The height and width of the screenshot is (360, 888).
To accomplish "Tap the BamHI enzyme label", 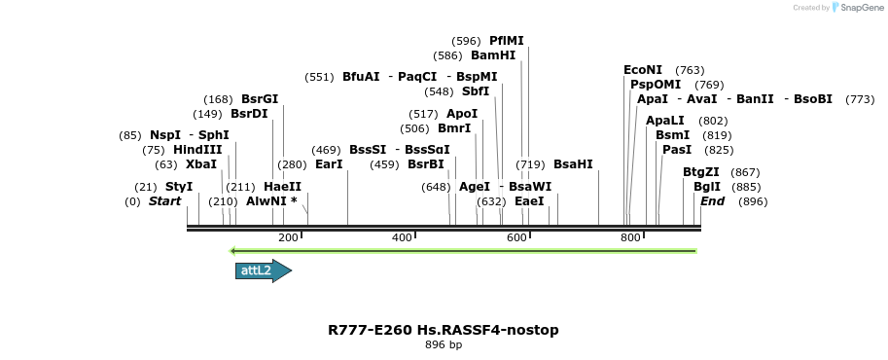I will [x=493, y=55].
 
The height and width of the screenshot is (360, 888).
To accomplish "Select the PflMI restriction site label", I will [x=507, y=41].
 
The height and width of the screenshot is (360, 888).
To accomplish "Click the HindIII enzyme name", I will [x=197, y=150].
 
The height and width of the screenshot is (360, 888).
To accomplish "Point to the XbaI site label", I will [x=201, y=164].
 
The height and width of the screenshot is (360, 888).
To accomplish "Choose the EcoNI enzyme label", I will [x=643, y=70].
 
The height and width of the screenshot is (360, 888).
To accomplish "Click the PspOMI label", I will [x=656, y=85].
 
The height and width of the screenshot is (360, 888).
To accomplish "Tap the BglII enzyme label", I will [x=707, y=187].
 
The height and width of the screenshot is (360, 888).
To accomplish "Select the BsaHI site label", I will [x=573, y=164].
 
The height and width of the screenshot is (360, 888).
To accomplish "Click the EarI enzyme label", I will [x=329, y=164].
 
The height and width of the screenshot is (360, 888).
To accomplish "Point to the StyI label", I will [x=179, y=187].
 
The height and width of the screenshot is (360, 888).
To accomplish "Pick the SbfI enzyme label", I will [x=476, y=91].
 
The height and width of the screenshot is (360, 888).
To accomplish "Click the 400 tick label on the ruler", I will [x=402, y=238].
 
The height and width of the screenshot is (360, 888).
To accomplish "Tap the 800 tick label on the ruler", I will [x=630, y=238].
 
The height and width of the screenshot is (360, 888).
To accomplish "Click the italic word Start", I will [x=164, y=201].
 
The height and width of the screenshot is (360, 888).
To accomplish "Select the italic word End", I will [x=713, y=201].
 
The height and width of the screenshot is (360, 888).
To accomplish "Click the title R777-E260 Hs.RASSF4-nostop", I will [x=444, y=330].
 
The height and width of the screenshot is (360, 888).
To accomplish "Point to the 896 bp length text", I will [x=444, y=345].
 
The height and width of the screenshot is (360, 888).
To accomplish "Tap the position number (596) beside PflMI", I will [x=467, y=41].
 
